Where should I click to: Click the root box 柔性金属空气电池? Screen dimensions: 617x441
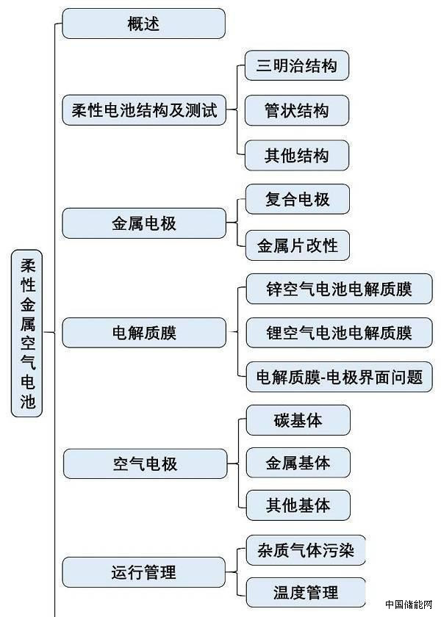(27, 333)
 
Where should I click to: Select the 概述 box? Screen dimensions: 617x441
(143, 24)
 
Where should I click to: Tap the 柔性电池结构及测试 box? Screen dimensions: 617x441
(143, 111)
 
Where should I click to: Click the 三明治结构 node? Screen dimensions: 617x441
(296, 65)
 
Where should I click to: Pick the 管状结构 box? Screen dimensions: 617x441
(296, 111)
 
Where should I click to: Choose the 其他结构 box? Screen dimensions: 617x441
(296, 156)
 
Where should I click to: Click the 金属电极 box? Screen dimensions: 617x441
(144, 223)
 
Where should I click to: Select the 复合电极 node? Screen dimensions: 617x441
(297, 199)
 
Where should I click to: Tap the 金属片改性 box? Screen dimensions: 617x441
(297, 245)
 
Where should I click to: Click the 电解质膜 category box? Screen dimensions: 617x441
(144, 333)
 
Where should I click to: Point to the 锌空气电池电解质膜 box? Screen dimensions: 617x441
(339, 289)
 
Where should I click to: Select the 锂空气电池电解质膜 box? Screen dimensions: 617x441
(339, 333)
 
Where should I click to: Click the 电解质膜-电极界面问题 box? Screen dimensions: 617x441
(339, 377)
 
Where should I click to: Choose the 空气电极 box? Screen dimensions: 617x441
(145, 464)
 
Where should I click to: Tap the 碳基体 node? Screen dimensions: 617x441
(298, 419)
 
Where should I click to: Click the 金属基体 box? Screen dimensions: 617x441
(298, 463)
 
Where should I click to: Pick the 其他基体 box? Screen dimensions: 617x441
(298, 505)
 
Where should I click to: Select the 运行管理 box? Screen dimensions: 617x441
(144, 571)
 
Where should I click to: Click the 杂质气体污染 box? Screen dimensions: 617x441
(305, 549)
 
